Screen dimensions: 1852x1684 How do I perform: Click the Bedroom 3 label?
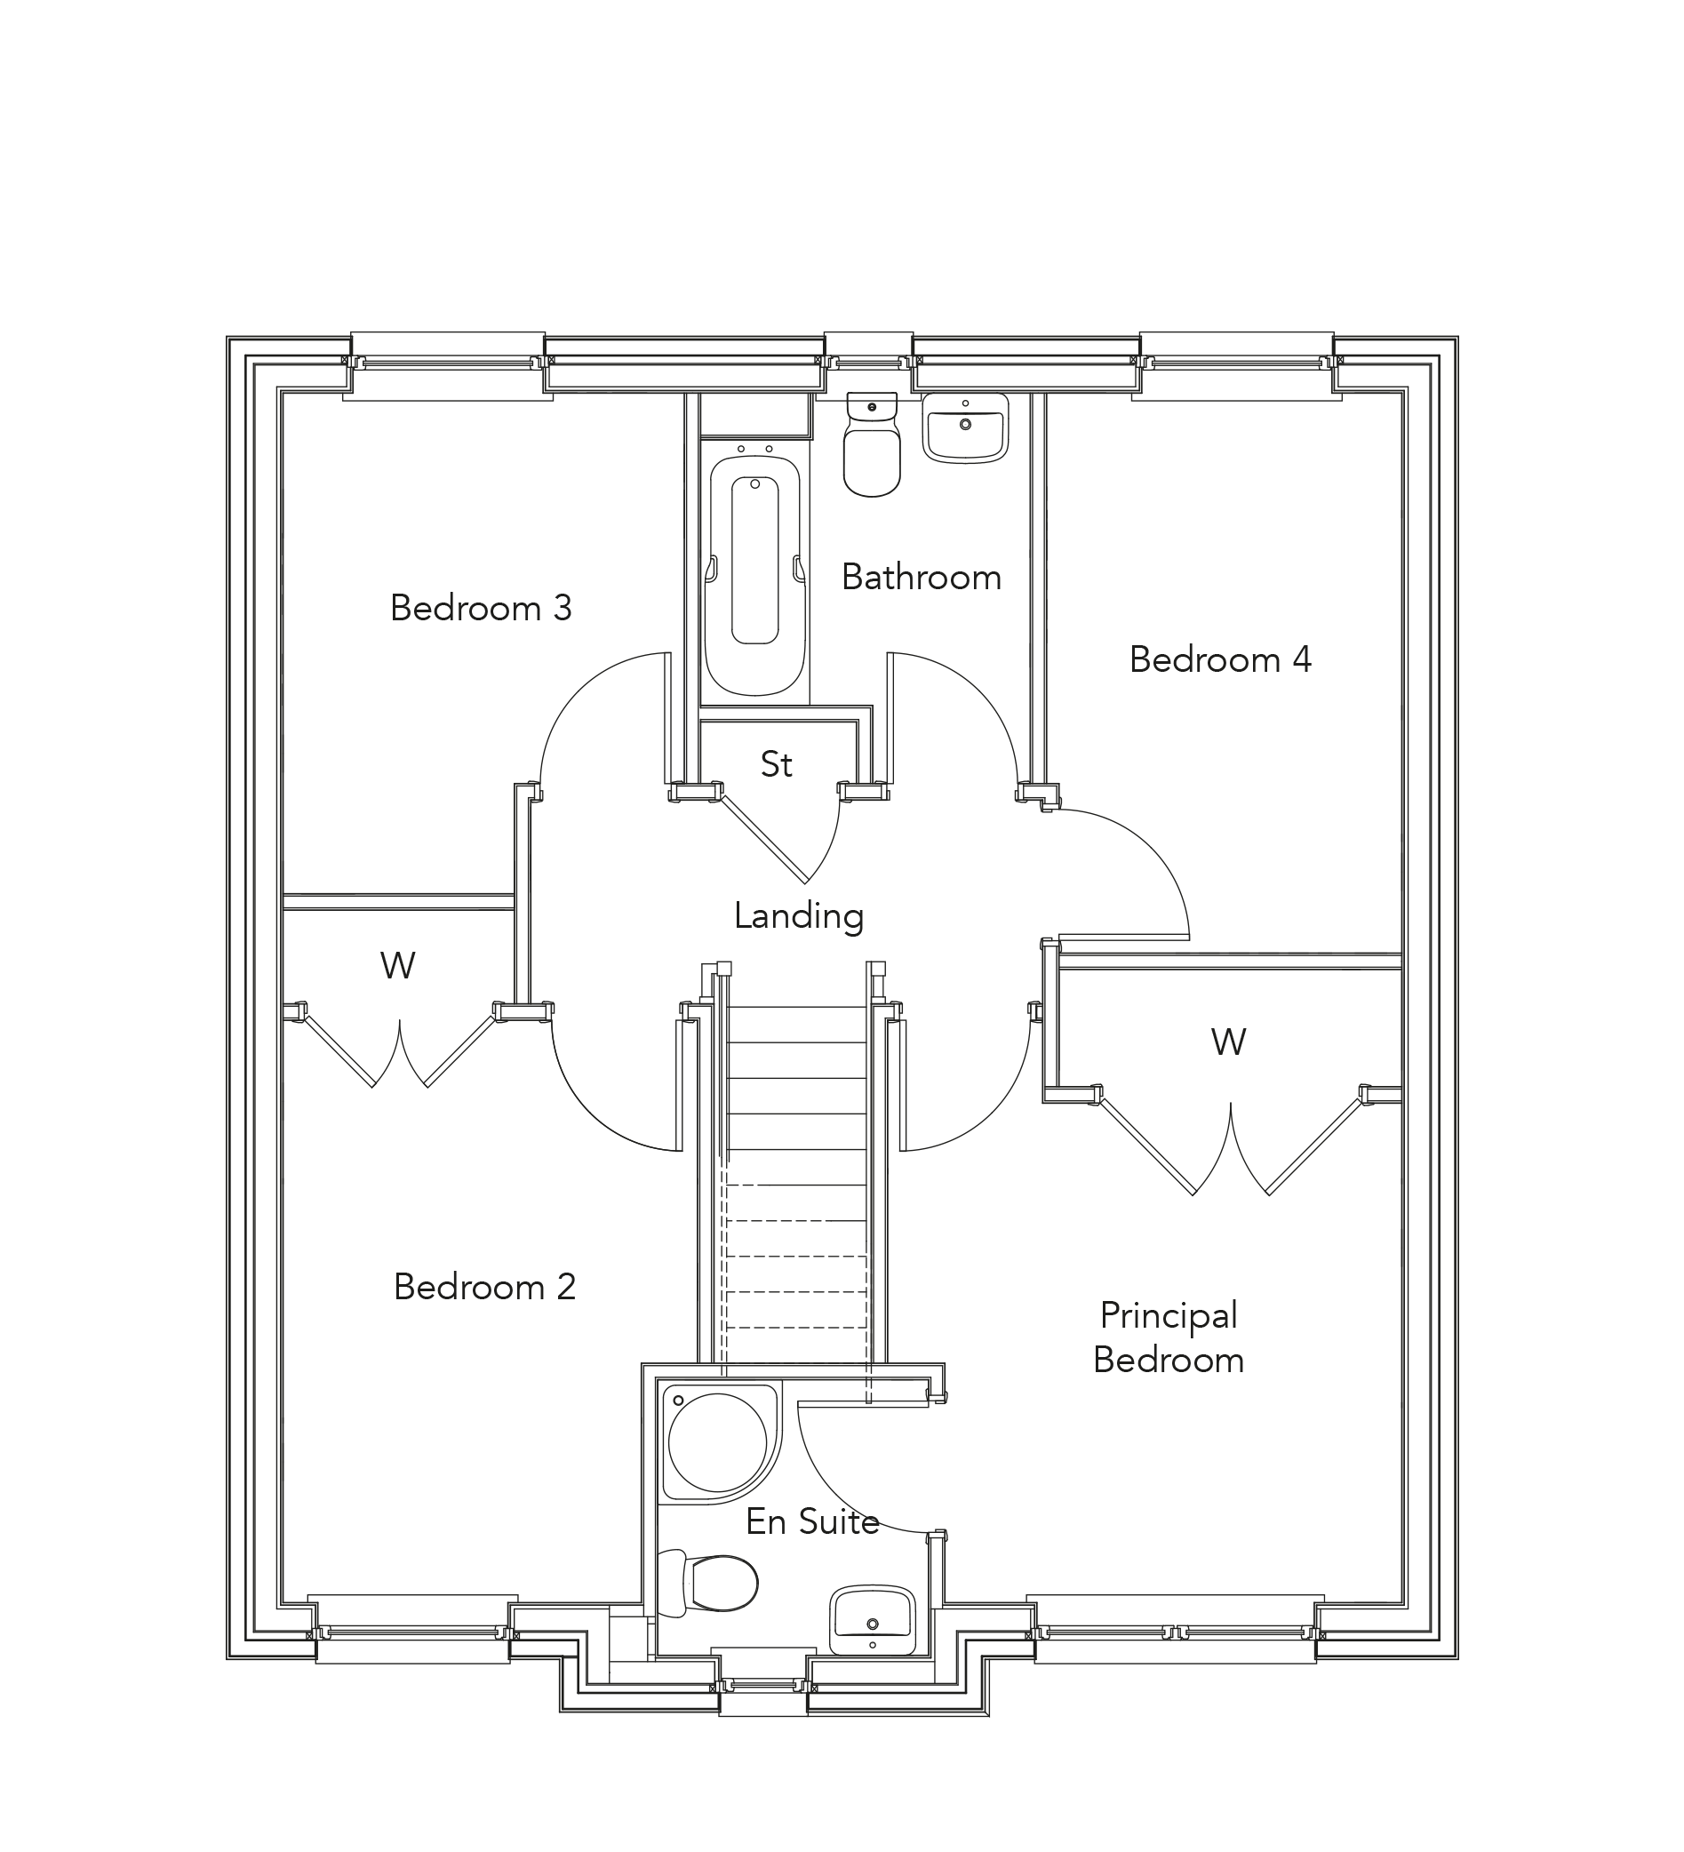click(481, 608)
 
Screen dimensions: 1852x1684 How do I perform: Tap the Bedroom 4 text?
click(1220, 659)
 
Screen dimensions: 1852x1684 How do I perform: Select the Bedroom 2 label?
click(484, 1287)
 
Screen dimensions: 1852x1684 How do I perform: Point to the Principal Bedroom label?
click(1169, 1337)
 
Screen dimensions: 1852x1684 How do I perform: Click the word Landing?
click(798, 916)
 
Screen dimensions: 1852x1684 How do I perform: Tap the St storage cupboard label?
click(777, 764)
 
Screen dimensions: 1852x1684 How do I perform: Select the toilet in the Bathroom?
click(871, 445)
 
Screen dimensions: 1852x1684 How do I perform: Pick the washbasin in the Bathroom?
click(966, 428)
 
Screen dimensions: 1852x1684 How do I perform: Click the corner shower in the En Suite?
click(716, 1442)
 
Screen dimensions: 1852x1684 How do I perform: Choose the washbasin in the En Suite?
click(872, 1622)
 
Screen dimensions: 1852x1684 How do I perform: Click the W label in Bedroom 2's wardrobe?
click(398, 965)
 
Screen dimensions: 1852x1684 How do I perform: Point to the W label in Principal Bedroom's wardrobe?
click(1228, 1042)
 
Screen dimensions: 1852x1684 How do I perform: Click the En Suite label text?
click(812, 1522)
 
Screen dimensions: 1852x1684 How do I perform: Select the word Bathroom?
click(922, 578)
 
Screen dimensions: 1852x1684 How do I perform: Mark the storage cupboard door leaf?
click(764, 837)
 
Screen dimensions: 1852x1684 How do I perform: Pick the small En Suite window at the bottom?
click(762, 1686)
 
